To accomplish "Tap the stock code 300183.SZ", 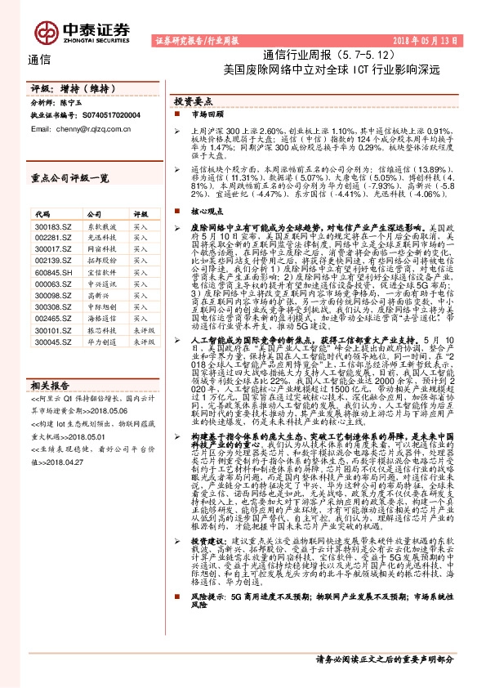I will pos(49,226).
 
